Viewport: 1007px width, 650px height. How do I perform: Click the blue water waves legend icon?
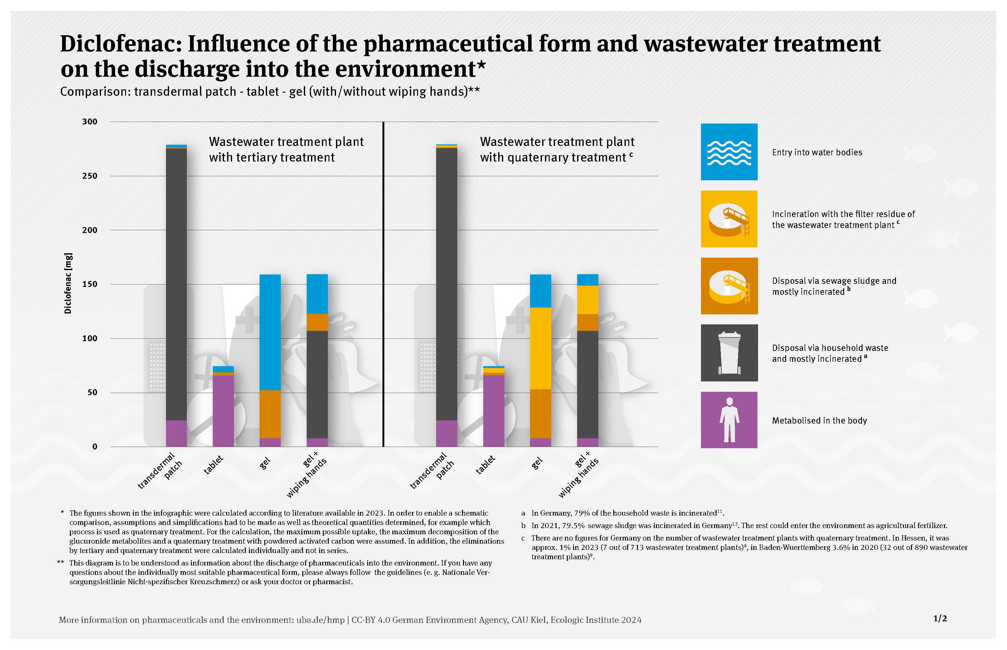pyautogui.click(x=729, y=152)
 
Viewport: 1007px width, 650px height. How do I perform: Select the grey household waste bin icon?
pyautogui.click(x=729, y=353)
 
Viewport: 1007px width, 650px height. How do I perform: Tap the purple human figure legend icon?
pyautogui.click(x=729, y=420)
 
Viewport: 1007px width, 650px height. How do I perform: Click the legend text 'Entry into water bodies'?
pyautogui.click(x=817, y=153)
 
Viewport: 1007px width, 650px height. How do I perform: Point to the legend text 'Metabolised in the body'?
pyautogui.click(x=819, y=420)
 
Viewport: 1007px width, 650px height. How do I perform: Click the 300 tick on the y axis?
pyautogui.click(x=90, y=122)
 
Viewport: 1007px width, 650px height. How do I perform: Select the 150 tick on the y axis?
pyautogui.click(x=90, y=284)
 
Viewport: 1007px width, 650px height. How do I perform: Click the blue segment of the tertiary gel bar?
pyautogui.click(x=270, y=332)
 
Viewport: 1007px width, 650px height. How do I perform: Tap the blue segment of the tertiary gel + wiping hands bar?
pyautogui.click(x=317, y=294)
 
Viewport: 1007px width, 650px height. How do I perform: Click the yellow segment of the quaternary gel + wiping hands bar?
pyautogui.click(x=587, y=300)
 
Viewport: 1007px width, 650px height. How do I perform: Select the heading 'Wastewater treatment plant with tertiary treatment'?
pyautogui.click(x=286, y=149)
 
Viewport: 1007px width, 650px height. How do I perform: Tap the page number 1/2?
pyautogui.click(x=940, y=618)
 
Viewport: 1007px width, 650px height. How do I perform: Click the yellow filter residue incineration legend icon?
pyautogui.click(x=729, y=219)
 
